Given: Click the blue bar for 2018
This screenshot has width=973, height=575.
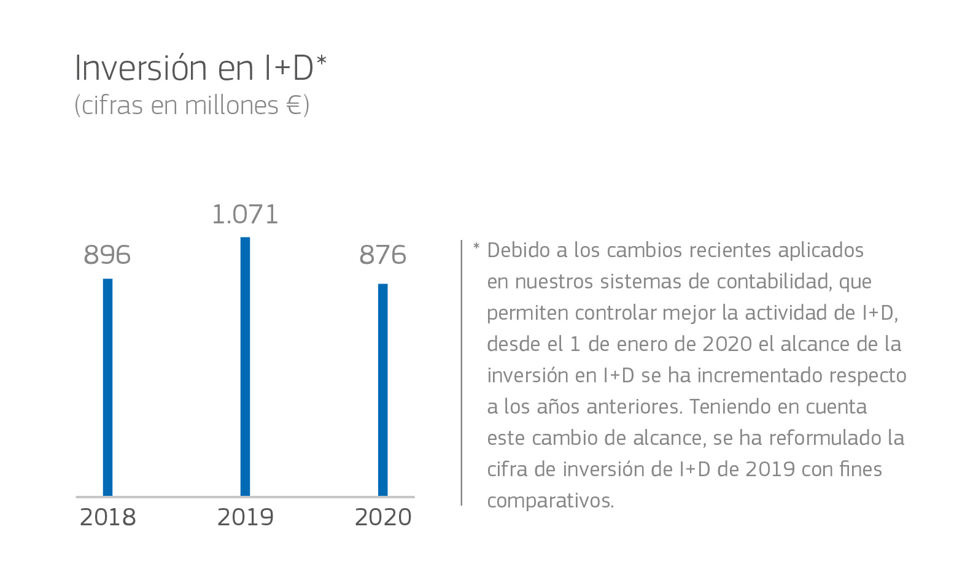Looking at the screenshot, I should pyautogui.click(x=107, y=387).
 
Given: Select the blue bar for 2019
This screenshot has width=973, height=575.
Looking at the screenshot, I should pyautogui.click(x=245, y=366).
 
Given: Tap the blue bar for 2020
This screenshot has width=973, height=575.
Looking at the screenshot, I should pyautogui.click(x=382, y=389).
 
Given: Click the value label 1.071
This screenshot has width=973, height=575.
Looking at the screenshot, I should pyautogui.click(x=245, y=215).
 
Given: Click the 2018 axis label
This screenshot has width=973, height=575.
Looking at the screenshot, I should pyautogui.click(x=108, y=517).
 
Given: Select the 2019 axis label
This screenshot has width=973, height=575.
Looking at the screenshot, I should pyautogui.click(x=246, y=517).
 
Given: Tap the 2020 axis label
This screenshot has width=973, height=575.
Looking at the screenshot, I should pyautogui.click(x=383, y=517).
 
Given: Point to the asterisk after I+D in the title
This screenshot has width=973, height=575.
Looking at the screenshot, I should pyautogui.click(x=321, y=62).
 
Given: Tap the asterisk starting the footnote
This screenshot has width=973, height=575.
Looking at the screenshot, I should pyautogui.click(x=476, y=248).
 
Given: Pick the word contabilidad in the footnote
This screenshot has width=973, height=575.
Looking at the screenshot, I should pyautogui.click(x=773, y=282).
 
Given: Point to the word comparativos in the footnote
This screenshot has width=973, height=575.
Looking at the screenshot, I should pyautogui.click(x=550, y=501).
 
